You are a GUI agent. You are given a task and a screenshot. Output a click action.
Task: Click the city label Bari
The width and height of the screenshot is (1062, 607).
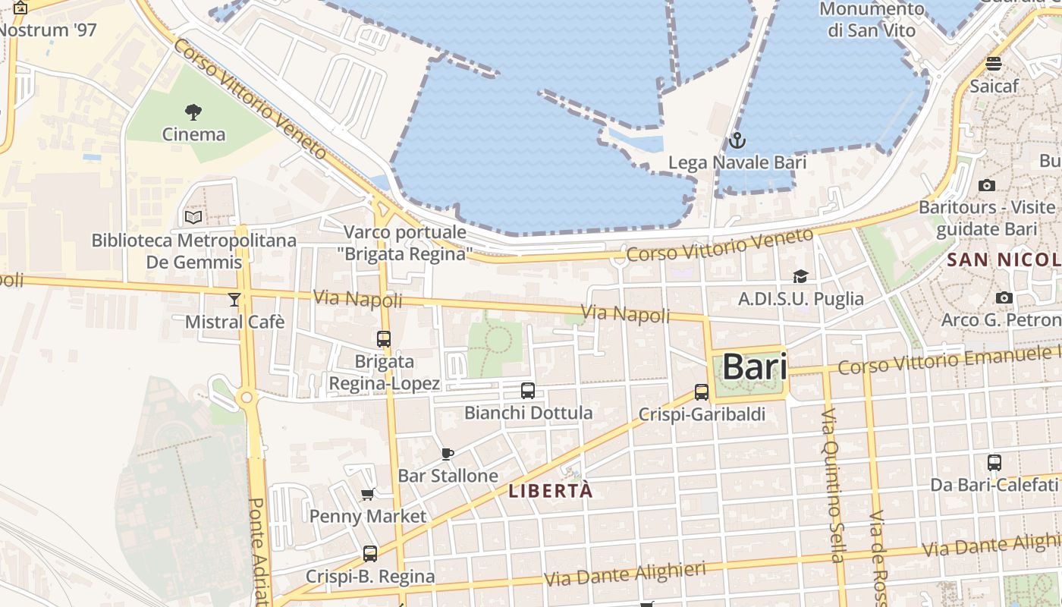(754, 367)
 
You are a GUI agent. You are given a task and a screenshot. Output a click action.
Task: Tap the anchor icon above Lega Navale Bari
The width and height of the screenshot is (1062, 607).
(737, 140)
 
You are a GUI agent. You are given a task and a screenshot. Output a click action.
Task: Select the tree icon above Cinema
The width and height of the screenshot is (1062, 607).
(193, 112)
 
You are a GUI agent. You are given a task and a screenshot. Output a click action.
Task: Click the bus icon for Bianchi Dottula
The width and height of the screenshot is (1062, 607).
(528, 391)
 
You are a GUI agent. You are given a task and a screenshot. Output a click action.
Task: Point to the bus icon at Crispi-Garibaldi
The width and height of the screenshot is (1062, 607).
(702, 392)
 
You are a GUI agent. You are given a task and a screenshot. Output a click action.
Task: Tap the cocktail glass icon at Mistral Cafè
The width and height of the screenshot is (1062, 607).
(234, 300)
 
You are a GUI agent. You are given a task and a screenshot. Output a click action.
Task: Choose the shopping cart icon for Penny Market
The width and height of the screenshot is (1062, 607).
(368, 495)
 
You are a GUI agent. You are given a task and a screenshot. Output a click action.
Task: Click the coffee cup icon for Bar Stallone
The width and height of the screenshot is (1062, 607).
(448, 454)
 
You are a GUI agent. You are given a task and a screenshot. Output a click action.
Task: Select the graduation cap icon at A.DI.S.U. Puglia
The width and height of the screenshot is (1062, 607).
(800, 276)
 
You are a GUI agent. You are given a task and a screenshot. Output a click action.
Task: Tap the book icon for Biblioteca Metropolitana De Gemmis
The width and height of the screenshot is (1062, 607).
(193, 218)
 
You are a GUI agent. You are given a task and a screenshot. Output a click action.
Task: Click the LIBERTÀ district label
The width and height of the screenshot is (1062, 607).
(551, 491)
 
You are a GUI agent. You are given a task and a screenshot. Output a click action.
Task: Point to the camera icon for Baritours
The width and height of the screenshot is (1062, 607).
(987, 185)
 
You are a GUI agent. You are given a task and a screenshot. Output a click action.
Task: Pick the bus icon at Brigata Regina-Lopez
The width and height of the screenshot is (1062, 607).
(384, 339)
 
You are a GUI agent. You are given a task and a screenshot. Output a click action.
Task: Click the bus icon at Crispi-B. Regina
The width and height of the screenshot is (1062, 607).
(370, 554)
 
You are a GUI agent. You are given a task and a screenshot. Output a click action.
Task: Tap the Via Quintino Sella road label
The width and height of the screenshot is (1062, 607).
(833, 486)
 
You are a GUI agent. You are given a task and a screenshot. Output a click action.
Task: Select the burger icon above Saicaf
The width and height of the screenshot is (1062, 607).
(994, 63)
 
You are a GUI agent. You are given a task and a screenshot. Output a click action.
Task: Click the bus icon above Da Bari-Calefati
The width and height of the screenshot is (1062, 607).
(994, 462)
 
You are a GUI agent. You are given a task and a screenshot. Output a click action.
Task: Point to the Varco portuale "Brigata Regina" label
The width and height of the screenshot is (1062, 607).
(405, 243)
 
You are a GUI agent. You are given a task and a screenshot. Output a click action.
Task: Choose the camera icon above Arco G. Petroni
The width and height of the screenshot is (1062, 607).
(1004, 297)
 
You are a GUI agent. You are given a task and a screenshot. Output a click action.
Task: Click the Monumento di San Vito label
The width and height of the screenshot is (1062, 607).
(872, 20)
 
